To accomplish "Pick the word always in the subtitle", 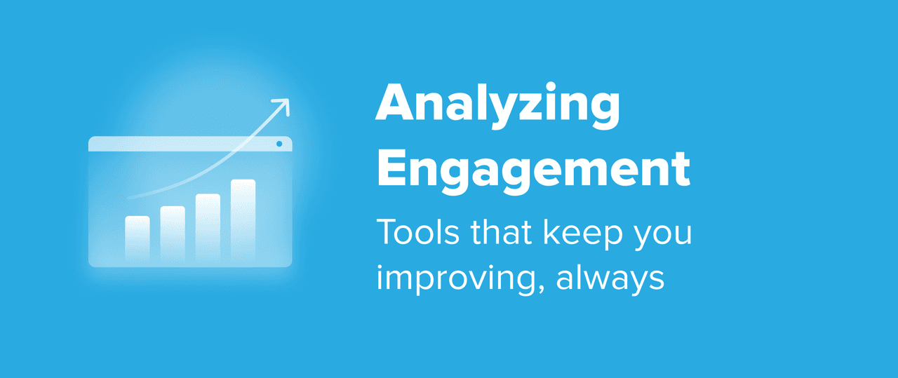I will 610,279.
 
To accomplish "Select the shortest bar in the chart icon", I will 138,238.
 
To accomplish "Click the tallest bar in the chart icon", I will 243,220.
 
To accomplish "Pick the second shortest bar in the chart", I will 173,234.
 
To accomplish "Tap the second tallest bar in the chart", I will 208,227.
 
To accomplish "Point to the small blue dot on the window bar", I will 279,144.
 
